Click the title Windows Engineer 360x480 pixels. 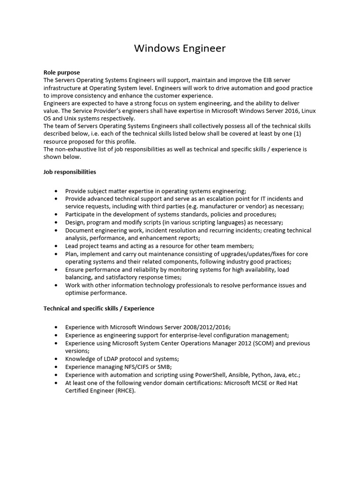pos(180,48)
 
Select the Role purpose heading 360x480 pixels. pos(61,73)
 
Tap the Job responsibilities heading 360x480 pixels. pos(70,172)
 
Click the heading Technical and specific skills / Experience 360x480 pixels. pos(99,308)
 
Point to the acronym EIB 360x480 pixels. pos(266,81)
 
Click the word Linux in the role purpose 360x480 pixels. pos(308,111)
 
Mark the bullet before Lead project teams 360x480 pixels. pos(56,246)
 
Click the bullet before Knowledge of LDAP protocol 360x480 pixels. pos(56,359)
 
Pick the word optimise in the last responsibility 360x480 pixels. pos(78,293)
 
